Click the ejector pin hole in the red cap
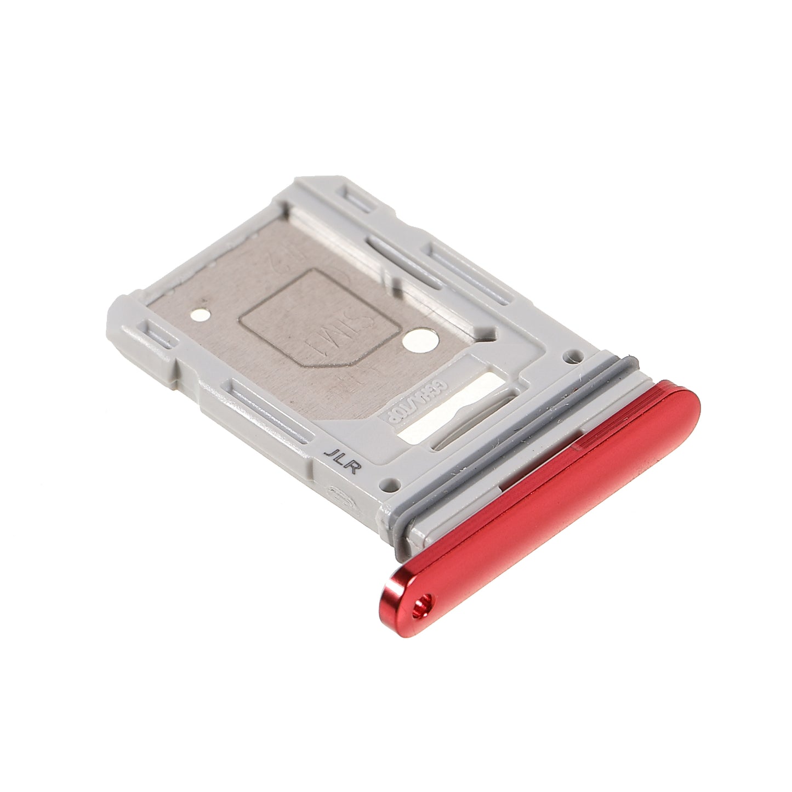421,605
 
